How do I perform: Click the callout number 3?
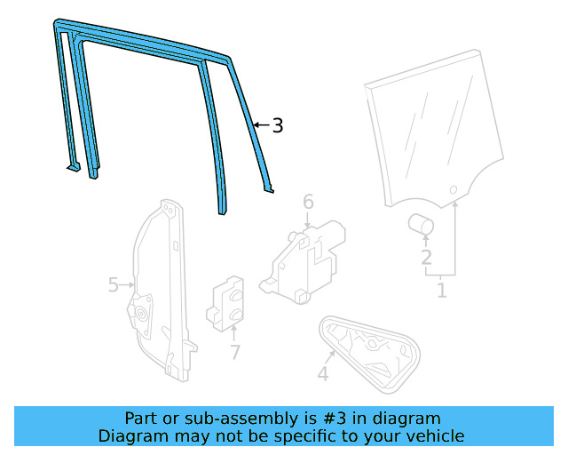[x=278, y=126]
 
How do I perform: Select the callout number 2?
[x=426, y=258]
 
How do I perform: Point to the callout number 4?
[x=322, y=374]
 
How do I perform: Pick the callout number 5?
[x=114, y=284]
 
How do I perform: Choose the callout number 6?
[x=308, y=203]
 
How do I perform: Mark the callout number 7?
[x=234, y=353]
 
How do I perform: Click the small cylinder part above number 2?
[x=421, y=223]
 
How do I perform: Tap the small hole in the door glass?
[x=453, y=189]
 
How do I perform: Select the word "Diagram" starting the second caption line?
[x=132, y=436]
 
